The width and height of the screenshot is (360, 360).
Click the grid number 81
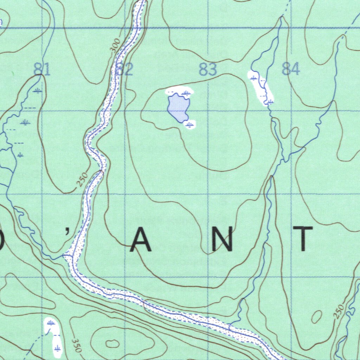click(x=42, y=69)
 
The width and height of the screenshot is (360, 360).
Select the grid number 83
click(x=207, y=70)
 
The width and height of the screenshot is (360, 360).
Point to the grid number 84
click(x=291, y=69)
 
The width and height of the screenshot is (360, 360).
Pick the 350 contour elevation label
click(x=76, y=345)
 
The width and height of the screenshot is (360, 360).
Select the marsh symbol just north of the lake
click(x=186, y=93)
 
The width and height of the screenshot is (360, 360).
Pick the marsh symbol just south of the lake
click(x=190, y=124)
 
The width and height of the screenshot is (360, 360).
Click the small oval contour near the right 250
click(x=317, y=317)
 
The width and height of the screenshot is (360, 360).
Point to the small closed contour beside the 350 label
click(x=112, y=343)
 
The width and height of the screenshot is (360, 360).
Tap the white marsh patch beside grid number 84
click(x=261, y=88)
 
